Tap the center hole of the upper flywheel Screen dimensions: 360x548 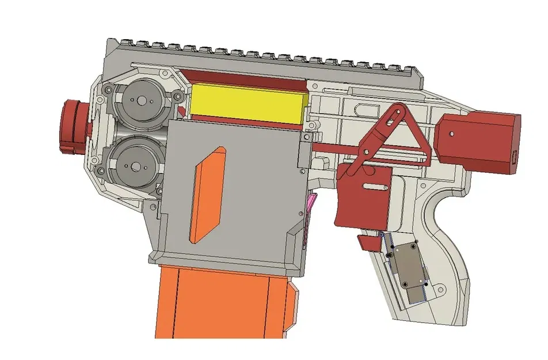[140, 101]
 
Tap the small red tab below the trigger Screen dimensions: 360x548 [368, 242]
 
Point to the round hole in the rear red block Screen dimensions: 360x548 [452, 134]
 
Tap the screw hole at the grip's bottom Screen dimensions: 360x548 [442, 290]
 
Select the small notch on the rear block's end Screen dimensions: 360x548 [515, 155]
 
